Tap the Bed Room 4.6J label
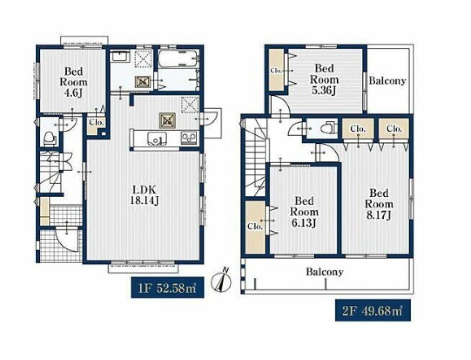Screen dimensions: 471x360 (74, 82)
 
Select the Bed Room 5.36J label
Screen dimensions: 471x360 (324, 79)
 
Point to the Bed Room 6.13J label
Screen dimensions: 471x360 (304, 212)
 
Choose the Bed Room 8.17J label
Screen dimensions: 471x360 (379, 204)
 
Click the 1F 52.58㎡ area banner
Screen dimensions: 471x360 (167, 288)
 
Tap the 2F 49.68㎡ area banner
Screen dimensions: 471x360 (373, 310)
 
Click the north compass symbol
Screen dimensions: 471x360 (223, 280)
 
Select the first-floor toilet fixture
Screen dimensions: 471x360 (50, 138)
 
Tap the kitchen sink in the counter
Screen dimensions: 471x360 (156, 139)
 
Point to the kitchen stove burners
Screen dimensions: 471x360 (189, 138)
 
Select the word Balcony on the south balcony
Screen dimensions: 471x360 (324, 272)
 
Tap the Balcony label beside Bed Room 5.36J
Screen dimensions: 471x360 (387, 81)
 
